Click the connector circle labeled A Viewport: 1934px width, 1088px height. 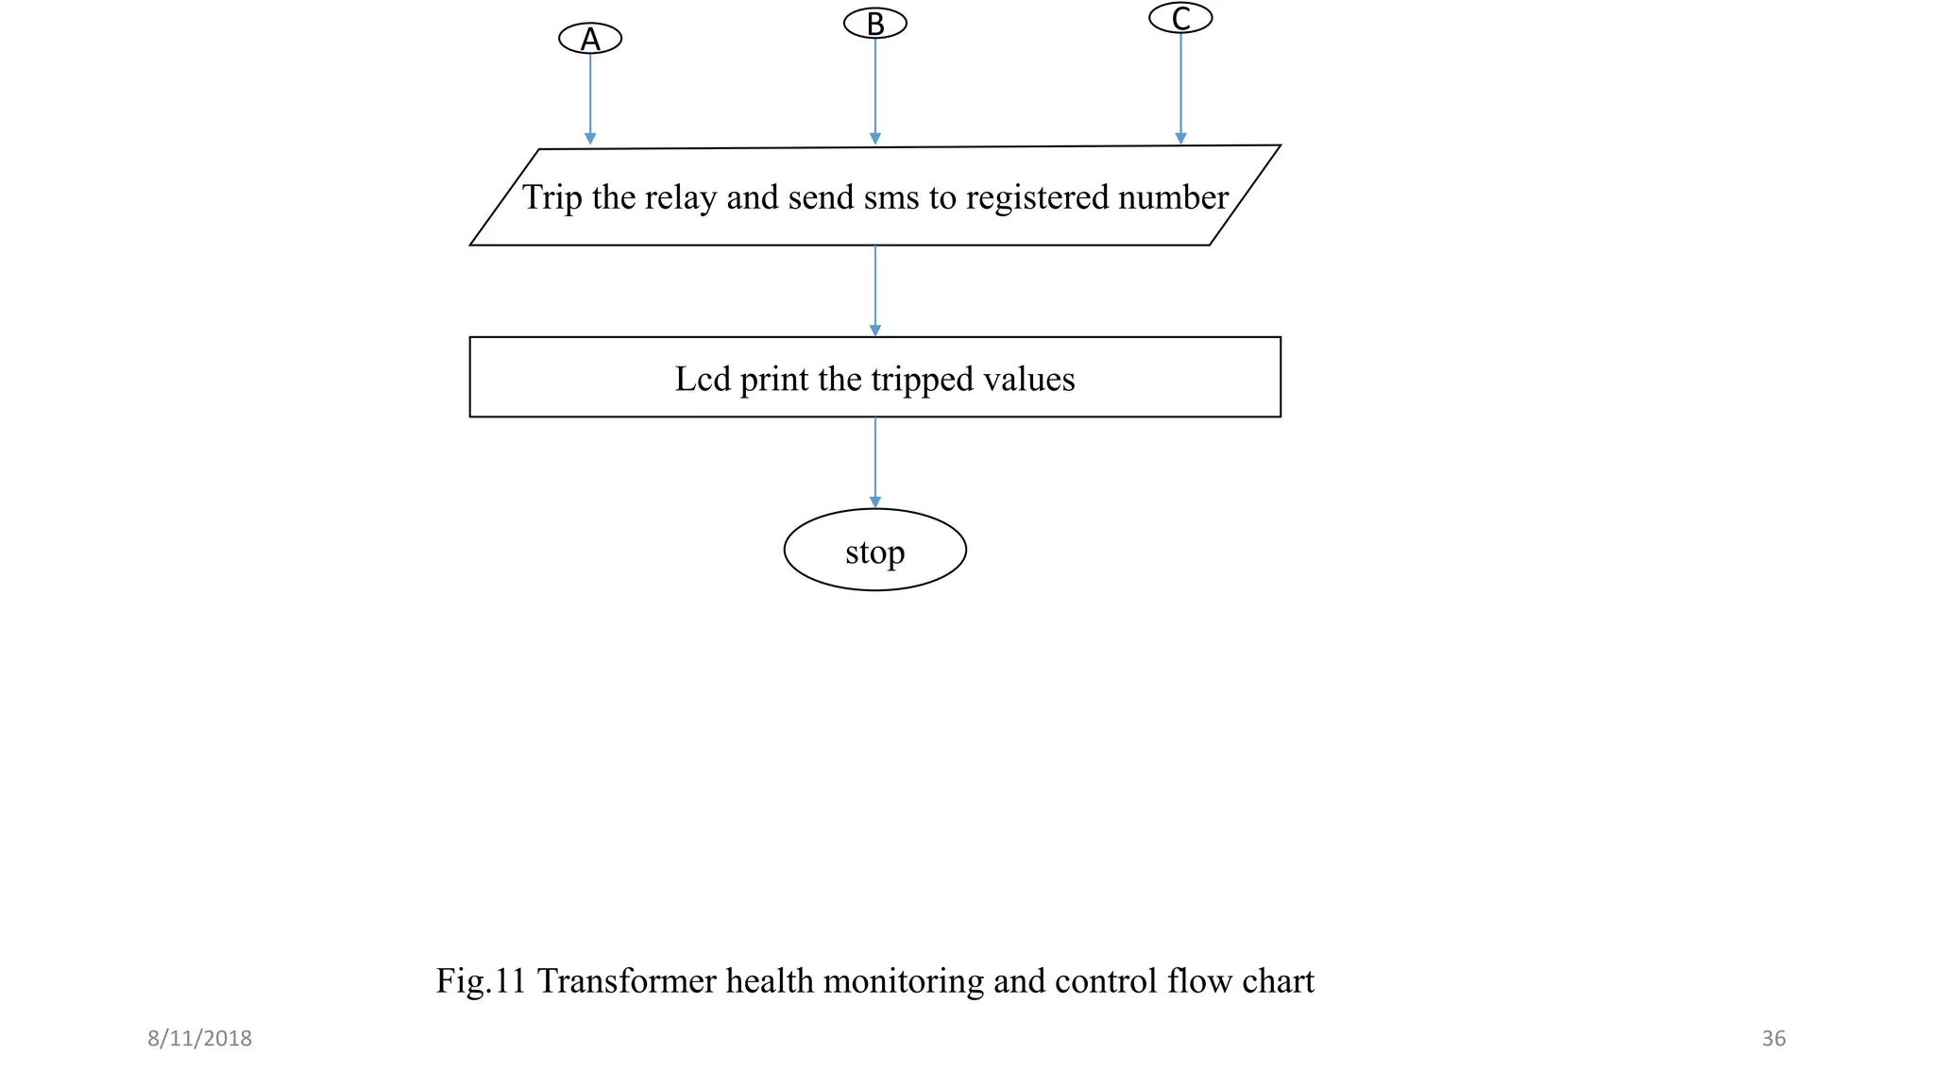click(x=590, y=39)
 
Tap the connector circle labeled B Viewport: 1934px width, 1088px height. click(x=874, y=24)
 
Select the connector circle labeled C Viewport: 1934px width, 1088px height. click(x=1180, y=18)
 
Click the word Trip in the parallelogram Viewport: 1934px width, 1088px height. click(x=551, y=197)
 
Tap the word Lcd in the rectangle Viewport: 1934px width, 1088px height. click(x=703, y=379)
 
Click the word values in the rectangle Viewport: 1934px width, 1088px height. click(x=1028, y=379)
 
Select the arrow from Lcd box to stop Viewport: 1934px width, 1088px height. click(x=874, y=462)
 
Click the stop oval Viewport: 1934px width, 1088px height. click(x=874, y=551)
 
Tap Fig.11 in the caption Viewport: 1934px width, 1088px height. click(x=480, y=981)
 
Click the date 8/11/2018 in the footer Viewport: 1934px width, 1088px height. click(x=199, y=1039)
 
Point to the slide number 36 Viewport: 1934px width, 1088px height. click(x=1773, y=1039)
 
